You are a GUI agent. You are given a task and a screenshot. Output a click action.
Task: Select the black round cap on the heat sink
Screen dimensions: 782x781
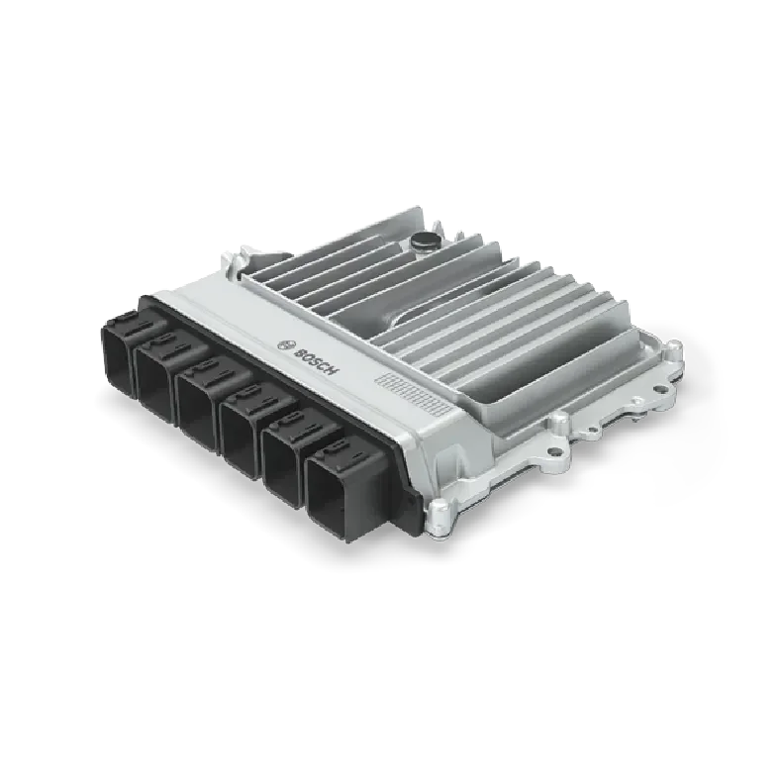click(x=424, y=238)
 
